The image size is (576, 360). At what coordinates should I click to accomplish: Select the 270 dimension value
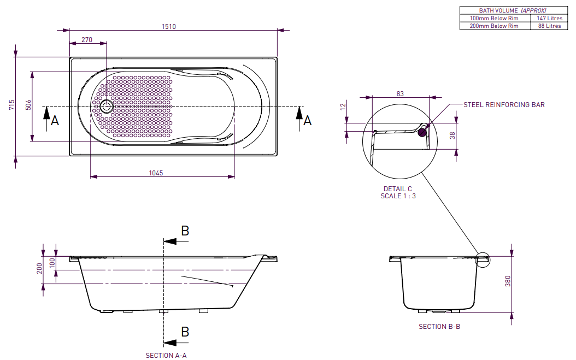coord(87,39)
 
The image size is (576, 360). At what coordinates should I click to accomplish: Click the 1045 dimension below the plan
coord(156,173)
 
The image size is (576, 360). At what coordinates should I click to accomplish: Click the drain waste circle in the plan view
coord(106,106)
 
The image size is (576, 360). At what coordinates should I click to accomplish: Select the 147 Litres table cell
coord(550,18)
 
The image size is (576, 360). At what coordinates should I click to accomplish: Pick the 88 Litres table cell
coord(550,26)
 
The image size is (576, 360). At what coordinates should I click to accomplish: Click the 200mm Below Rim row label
coord(495,26)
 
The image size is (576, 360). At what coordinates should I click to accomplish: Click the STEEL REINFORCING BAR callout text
coord(504,105)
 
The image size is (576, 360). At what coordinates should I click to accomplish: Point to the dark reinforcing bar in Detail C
coord(422,131)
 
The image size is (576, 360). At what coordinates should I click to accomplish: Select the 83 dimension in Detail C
coord(400,94)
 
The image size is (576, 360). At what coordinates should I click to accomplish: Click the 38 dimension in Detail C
coord(451,135)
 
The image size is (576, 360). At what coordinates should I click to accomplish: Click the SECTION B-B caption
coord(439,327)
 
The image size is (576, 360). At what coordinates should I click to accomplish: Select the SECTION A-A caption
coord(166,355)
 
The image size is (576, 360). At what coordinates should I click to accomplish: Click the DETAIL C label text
coord(398,189)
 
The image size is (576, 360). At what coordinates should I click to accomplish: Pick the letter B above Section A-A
coord(185,231)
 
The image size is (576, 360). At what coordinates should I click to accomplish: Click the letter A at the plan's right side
coord(308,120)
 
